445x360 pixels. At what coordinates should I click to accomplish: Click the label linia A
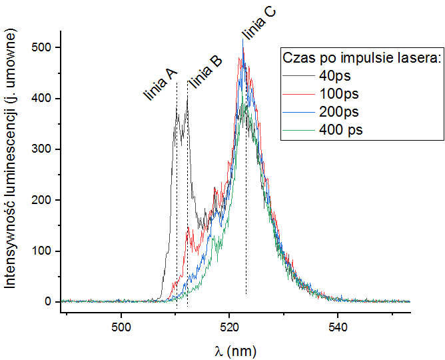pos(161,85)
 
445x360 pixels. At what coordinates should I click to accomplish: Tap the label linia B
pos(205,72)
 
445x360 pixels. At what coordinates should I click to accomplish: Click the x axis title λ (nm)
pos(235,349)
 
